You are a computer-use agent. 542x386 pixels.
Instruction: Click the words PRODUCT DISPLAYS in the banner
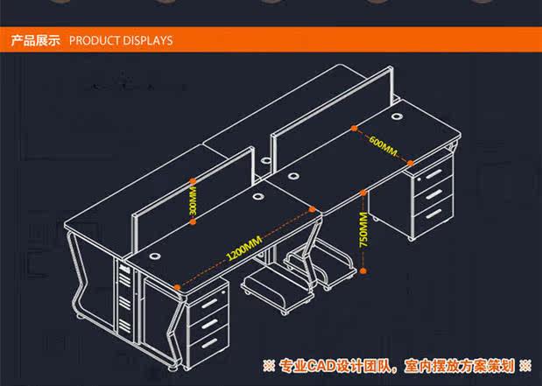(120, 40)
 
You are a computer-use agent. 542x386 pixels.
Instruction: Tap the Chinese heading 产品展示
(35, 40)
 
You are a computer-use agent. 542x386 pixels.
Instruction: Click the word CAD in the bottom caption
(321, 364)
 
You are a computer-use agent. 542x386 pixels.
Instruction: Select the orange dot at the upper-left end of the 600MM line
(353, 128)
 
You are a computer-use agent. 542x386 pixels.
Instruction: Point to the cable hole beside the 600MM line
(396, 116)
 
